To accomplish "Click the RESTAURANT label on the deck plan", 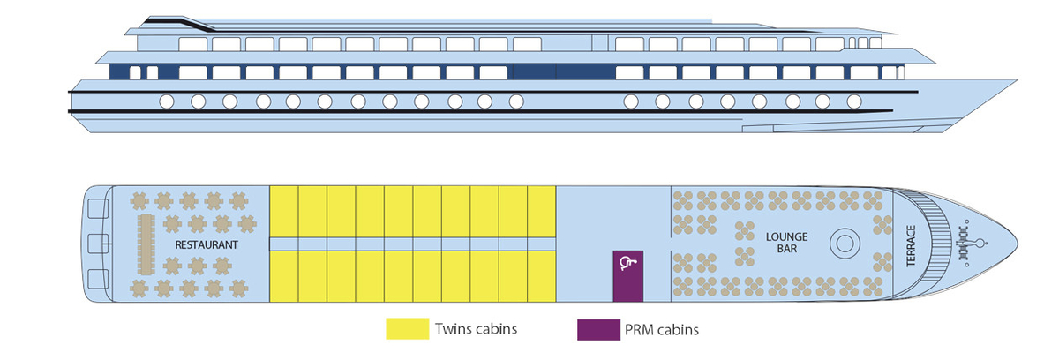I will (x=207, y=244).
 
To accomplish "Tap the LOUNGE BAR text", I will (x=781, y=243).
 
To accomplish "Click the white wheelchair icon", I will (x=627, y=261).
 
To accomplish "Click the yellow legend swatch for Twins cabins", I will (x=406, y=329).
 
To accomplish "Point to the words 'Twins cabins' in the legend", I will (x=477, y=329).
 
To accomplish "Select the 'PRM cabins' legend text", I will (x=662, y=329).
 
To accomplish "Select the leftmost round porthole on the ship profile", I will (x=166, y=101).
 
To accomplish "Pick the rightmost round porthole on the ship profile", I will (x=853, y=101).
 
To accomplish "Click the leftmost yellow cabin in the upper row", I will (x=283, y=211).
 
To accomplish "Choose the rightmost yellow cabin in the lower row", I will (x=541, y=275).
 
